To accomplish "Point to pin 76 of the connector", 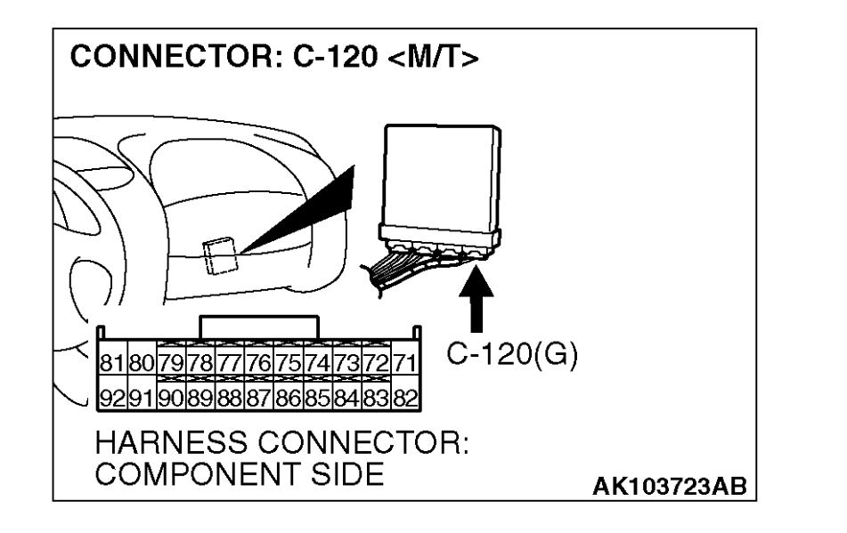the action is pos(258,363).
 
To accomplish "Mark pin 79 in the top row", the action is pos(171,363).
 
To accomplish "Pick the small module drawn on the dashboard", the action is pos(218,258).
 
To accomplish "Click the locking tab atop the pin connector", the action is pos(258,326).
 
